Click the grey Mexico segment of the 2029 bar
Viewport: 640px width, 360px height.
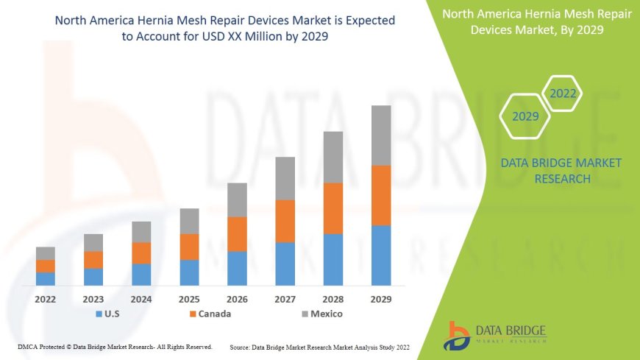click(x=381, y=135)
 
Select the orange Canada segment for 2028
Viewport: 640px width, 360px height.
click(x=333, y=208)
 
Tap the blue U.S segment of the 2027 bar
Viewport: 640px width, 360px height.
click(x=285, y=264)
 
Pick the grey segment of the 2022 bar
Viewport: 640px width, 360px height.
click(x=46, y=253)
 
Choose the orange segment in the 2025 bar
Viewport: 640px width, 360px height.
click(x=189, y=247)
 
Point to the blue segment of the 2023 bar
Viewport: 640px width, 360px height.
click(x=93, y=277)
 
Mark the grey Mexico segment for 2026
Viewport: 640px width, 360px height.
click(x=237, y=200)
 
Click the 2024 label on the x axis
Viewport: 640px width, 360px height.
click(x=141, y=300)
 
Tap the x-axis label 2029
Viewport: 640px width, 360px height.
click(x=381, y=300)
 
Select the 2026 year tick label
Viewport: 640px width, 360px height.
click(x=237, y=300)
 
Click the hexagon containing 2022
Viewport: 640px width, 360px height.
click(x=563, y=93)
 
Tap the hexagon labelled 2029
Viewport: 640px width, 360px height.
click(x=525, y=116)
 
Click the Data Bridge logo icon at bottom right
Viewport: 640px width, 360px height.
click(x=458, y=335)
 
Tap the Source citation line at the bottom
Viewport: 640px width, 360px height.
click(x=319, y=347)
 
